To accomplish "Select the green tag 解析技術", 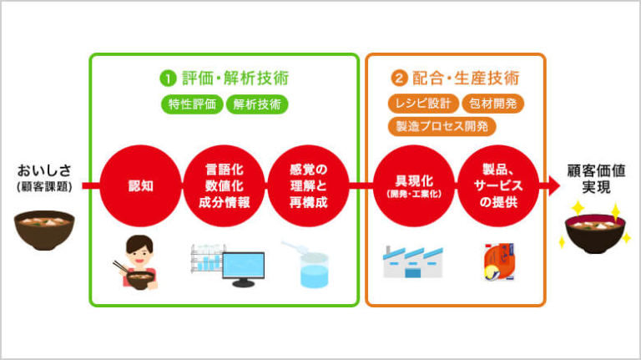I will [256, 104].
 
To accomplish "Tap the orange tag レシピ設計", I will [421, 104].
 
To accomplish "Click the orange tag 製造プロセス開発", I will [442, 126].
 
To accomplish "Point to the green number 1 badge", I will [168, 79].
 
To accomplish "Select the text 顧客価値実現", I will [597, 177].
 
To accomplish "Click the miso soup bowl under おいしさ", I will [44, 229].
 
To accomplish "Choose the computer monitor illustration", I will [243, 267].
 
